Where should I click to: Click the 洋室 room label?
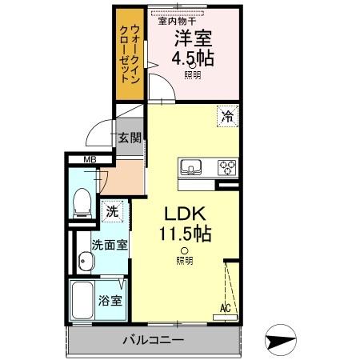[194, 37]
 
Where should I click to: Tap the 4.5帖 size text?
[194, 58]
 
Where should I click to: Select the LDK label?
[186, 214]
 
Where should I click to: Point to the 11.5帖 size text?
[186, 234]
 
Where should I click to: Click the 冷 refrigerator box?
[226, 117]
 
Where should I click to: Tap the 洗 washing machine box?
[112, 213]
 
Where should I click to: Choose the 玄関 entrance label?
[130, 138]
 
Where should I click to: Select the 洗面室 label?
[108, 245]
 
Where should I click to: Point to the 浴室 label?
[110, 301]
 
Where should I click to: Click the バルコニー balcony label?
[153, 339]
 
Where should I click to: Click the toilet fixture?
[81, 205]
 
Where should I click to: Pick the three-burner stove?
[226, 168]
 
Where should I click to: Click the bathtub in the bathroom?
[83, 301]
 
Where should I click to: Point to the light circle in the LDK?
[184, 251]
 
